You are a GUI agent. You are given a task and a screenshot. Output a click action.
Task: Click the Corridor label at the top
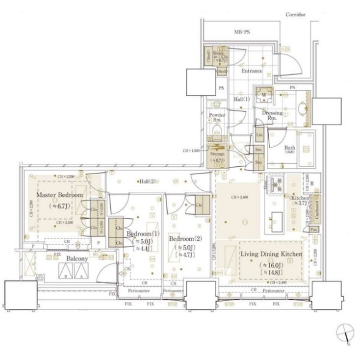296,14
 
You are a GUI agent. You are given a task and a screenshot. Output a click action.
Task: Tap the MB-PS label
241,32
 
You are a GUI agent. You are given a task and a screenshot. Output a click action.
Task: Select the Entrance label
252,71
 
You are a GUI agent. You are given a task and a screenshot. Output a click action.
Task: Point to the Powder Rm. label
217,118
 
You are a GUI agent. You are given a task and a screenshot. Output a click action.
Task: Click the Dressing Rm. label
272,115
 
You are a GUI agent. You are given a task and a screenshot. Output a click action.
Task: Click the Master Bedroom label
56,195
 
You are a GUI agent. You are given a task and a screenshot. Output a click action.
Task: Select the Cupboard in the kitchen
317,209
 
